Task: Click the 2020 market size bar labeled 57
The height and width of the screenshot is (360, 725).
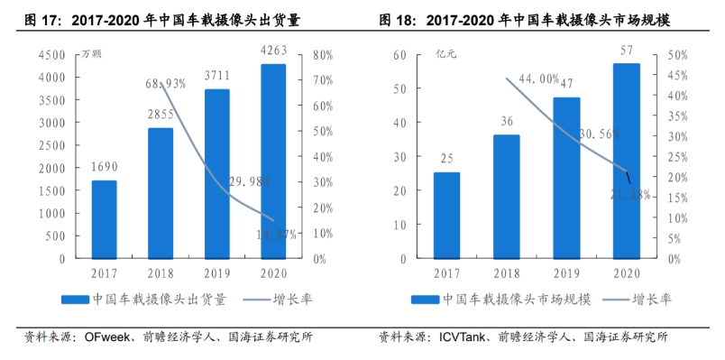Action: click(x=627, y=161)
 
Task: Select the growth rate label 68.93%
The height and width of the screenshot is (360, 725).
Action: click(x=165, y=84)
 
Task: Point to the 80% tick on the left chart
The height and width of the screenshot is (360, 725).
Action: click(x=323, y=56)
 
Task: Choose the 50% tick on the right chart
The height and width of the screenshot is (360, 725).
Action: click(x=677, y=56)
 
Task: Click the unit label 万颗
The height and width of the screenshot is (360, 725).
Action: click(x=91, y=54)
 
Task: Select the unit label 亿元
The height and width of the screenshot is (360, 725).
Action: click(x=446, y=54)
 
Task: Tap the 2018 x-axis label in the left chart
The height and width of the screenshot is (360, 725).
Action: click(x=161, y=271)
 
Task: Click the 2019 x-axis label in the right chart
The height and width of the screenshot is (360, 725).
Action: click(x=566, y=271)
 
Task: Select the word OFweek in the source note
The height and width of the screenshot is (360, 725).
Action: click(x=107, y=338)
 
